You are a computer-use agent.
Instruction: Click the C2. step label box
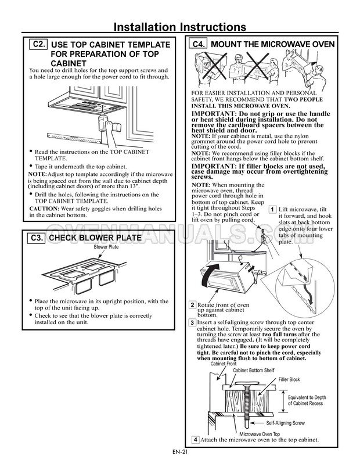(38, 44)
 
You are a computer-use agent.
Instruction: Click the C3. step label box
(37, 238)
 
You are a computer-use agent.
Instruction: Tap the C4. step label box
(199, 44)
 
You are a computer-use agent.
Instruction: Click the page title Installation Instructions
(180, 27)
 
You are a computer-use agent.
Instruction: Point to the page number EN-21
(180, 452)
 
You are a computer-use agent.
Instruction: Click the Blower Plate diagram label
(106, 247)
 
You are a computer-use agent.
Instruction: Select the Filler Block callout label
(289, 379)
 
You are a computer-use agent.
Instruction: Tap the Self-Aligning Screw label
(285, 423)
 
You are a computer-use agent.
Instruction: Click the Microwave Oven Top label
(260, 434)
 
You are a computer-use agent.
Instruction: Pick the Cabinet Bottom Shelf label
(253, 370)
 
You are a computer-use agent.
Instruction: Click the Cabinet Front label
(224, 364)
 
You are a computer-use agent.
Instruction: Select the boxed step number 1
(272, 210)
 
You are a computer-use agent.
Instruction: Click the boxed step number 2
(192, 305)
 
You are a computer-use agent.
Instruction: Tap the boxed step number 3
(192, 322)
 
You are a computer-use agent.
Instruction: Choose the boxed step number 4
(195, 440)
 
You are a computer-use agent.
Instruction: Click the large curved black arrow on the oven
(210, 273)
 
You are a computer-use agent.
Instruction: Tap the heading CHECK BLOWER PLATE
(95, 238)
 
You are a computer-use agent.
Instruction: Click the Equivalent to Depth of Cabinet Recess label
(307, 400)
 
